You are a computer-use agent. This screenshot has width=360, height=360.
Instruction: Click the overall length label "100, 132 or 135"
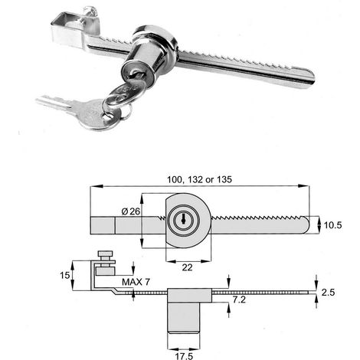pos(199,179)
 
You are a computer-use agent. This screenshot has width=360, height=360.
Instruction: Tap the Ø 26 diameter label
pos(131,211)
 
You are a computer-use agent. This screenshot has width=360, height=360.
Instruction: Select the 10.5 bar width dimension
pos(332,225)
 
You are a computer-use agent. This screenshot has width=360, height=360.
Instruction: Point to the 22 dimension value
pos(187,267)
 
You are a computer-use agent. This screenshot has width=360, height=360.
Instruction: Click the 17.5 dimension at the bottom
pos(184,356)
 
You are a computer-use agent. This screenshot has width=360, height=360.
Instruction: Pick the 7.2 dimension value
pos(239,299)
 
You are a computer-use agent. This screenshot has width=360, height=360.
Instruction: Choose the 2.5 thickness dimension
pos(328,292)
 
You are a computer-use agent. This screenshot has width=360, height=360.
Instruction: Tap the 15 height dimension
pos(64,275)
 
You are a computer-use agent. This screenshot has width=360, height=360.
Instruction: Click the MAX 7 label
pos(136,282)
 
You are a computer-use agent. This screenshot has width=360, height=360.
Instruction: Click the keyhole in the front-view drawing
pos(184,220)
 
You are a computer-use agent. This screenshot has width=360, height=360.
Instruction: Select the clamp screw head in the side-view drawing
pos(105,254)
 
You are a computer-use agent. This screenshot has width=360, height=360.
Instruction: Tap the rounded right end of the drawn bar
pos(305,224)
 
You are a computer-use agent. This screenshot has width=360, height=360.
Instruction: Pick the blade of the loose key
pos(54,103)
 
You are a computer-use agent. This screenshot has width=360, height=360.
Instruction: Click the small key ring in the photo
pos(126,113)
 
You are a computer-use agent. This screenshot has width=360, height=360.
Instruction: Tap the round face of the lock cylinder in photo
pos(136,73)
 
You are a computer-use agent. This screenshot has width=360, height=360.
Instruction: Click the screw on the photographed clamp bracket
pos(90,12)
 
